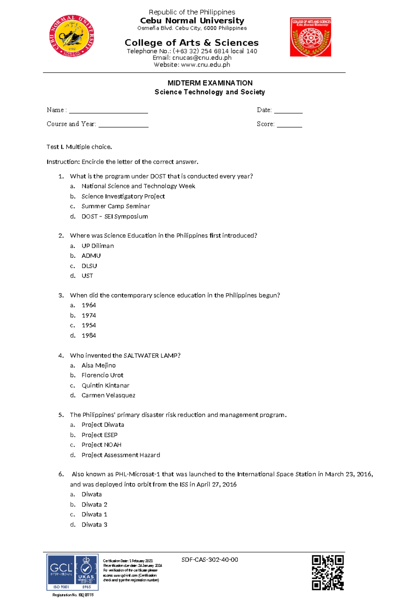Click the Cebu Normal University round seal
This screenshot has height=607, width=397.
(72, 36)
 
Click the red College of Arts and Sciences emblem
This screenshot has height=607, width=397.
(310, 37)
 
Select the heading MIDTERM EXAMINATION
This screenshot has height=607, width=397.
(210, 83)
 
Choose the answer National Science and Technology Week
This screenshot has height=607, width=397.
(138, 186)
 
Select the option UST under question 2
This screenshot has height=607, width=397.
(87, 276)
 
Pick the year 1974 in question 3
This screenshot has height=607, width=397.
(89, 316)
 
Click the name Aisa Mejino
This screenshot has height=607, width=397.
(99, 366)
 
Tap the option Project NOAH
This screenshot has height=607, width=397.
(102, 445)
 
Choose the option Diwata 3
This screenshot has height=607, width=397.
(94, 525)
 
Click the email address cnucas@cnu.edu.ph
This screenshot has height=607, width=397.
(201, 58)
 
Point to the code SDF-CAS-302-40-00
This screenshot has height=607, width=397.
(210, 560)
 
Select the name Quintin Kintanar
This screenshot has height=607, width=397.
(106, 385)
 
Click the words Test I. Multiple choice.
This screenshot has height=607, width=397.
(79, 147)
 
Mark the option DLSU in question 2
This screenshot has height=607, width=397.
(89, 266)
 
